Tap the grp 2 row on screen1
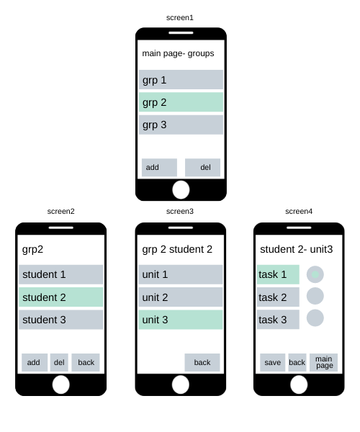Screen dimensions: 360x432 point(181,102)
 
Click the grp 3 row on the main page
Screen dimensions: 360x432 point(181,125)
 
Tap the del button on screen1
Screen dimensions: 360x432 point(202,167)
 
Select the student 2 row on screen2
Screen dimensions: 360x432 point(61,297)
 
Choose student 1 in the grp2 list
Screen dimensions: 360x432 point(61,274)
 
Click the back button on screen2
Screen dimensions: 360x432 point(86,362)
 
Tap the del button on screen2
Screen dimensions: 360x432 point(59,362)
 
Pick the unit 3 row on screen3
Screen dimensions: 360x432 point(181,320)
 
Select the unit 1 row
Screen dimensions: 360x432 point(181,274)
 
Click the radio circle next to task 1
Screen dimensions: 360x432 point(315,274)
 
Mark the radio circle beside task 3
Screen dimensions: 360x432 point(315,318)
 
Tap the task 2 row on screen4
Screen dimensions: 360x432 point(278,297)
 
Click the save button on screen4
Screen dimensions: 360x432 point(272,362)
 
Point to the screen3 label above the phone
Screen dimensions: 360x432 point(180,211)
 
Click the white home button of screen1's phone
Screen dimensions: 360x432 point(181,190)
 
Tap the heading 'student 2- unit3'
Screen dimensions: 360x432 point(297,249)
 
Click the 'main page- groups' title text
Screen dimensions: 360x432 point(178,53)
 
